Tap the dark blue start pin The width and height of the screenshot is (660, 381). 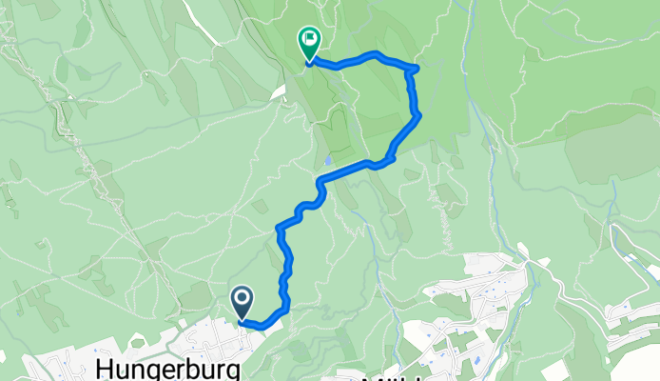(x=243, y=303)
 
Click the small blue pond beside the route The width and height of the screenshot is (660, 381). (x=327, y=160)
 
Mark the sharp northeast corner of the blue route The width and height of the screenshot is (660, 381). (x=417, y=68)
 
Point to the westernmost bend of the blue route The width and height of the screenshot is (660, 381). (x=279, y=229)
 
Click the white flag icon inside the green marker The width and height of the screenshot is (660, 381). (x=309, y=39)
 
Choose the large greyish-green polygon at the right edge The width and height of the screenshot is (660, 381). (x=609, y=148)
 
